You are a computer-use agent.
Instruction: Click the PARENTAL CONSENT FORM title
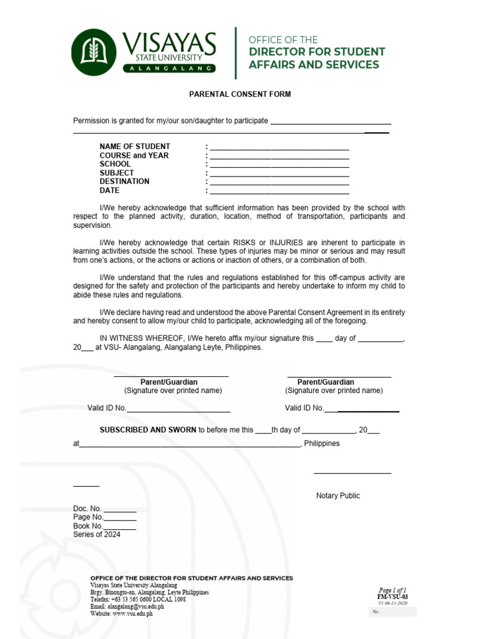240,94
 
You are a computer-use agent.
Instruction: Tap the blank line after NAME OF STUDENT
279,148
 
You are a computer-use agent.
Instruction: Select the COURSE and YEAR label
134,155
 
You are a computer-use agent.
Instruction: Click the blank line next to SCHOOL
279,165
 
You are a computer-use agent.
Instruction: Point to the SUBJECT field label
117,173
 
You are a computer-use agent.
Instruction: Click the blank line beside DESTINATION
279,183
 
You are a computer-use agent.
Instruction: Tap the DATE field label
109,190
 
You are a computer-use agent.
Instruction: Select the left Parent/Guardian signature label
169,382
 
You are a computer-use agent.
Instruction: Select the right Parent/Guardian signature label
326,382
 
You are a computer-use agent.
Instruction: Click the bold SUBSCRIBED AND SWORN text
148,430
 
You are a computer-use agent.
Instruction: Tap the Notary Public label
337,495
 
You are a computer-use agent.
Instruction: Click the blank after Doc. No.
120,509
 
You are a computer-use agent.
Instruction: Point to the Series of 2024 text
97,534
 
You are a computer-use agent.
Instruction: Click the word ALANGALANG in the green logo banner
170,68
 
